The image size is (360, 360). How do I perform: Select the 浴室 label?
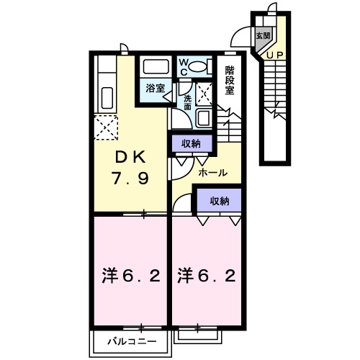point(154,88)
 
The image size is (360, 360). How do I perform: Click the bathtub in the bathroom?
point(156,67)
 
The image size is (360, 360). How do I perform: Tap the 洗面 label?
point(188,102)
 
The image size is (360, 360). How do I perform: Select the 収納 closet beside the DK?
point(191,143)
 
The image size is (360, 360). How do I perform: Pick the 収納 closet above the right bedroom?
point(220,202)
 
